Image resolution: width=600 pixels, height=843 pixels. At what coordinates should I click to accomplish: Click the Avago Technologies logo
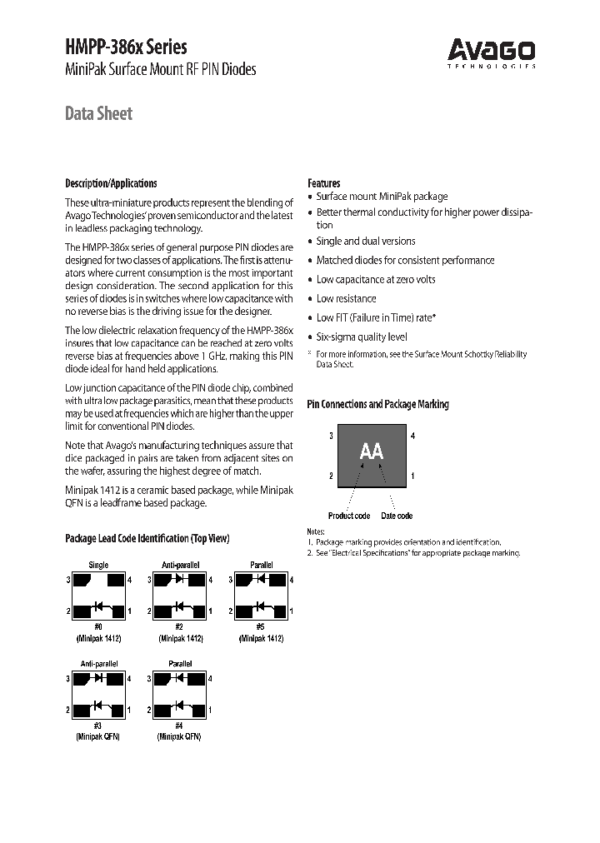[x=492, y=52]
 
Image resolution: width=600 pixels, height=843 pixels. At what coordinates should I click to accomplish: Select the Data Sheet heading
[x=98, y=113]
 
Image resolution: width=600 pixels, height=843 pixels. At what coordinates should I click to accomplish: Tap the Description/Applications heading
[x=111, y=183]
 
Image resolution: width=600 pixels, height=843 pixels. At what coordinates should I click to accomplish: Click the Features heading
[x=323, y=183]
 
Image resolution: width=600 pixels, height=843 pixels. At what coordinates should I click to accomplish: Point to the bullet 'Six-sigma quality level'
[x=362, y=337]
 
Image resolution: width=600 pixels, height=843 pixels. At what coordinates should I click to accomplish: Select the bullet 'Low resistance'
[x=346, y=298]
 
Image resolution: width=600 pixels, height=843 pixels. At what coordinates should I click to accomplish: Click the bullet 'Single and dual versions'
[x=365, y=241]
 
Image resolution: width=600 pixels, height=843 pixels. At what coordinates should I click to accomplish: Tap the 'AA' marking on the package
[x=371, y=451]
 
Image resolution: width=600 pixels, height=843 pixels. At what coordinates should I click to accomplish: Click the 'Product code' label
[x=348, y=516]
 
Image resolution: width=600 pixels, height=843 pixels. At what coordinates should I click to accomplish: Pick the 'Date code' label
[x=397, y=516]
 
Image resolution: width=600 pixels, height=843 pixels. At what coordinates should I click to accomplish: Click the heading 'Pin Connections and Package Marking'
[x=377, y=404]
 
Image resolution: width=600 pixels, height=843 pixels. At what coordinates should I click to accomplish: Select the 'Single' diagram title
[x=98, y=565]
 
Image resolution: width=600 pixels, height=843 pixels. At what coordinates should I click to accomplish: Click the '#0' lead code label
[x=98, y=626]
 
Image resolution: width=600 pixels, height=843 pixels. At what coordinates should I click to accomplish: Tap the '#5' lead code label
[x=261, y=626]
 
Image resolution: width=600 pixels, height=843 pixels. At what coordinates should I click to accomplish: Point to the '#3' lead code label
[x=98, y=726]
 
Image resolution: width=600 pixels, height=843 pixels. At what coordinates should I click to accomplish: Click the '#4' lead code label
[x=179, y=726]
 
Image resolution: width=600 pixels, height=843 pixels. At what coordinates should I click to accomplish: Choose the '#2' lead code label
[x=179, y=626]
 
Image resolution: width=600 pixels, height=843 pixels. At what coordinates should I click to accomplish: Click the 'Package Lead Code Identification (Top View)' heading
[x=147, y=539]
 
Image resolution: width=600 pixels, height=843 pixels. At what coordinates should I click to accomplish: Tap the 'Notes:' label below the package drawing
[x=316, y=531]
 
